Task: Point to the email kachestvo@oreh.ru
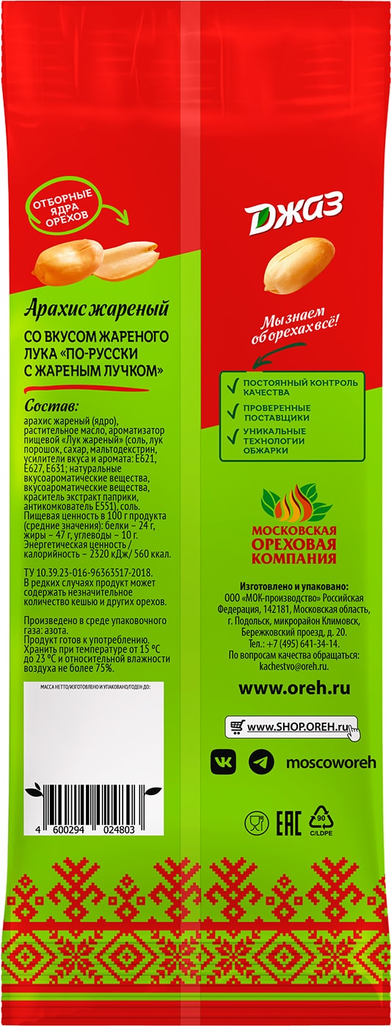[293, 663]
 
